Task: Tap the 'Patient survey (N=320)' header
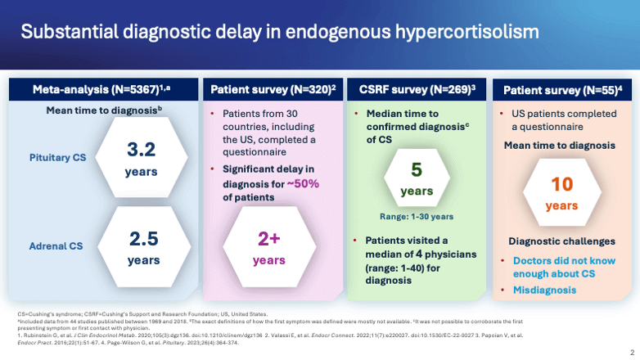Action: tap(269, 89)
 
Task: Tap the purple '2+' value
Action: tap(270, 238)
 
